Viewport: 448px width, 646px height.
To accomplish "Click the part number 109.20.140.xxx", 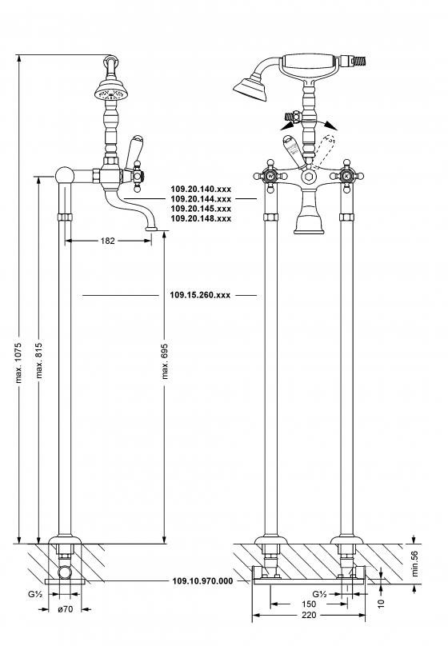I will [201, 189].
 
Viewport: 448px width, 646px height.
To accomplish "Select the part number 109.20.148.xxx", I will [201, 218].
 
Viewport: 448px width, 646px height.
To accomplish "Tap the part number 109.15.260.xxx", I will [201, 295].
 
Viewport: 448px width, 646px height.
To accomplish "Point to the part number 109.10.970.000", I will [203, 581].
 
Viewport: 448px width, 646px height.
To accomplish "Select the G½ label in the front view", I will [319, 594].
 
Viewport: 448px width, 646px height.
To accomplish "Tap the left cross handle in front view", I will [270, 174].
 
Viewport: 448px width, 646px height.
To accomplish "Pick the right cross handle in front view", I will [346, 175].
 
